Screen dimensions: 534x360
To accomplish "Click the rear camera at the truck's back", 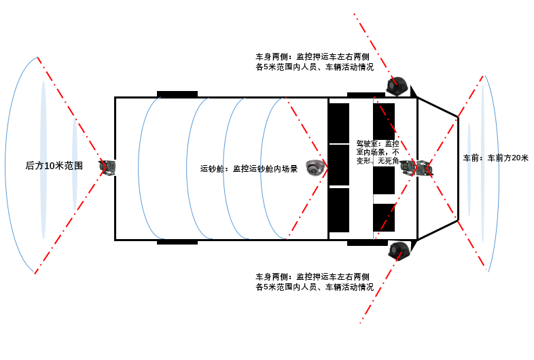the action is pos(107,168).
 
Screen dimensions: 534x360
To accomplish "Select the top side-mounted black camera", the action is pos(397,86).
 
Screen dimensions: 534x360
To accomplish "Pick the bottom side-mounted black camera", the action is pos(399,251).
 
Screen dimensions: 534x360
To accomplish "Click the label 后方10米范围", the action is pos(54,166).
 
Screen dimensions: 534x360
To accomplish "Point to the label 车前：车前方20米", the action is pos(495,158).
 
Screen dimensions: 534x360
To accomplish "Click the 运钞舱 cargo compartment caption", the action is pos(249,168).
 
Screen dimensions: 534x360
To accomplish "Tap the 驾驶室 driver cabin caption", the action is pos(378,152).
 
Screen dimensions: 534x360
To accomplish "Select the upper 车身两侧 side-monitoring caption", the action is pos(315,62).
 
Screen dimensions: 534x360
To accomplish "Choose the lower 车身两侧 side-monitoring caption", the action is pos(315,282).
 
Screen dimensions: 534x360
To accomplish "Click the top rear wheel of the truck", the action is pos(177,94).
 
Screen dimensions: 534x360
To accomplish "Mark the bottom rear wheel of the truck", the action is pos(177,242).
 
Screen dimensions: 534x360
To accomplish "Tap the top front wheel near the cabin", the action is pos(366,95).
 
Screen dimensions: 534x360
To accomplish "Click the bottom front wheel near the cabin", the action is pos(368,243).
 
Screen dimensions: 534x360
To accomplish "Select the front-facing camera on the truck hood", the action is pos(425,168).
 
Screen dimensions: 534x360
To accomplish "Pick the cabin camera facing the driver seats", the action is pos(409,168).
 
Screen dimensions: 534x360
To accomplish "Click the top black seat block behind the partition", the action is pos(339,124).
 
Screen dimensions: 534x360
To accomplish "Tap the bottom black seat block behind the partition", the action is pos(339,210).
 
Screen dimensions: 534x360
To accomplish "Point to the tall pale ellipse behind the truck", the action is pos(43,160).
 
